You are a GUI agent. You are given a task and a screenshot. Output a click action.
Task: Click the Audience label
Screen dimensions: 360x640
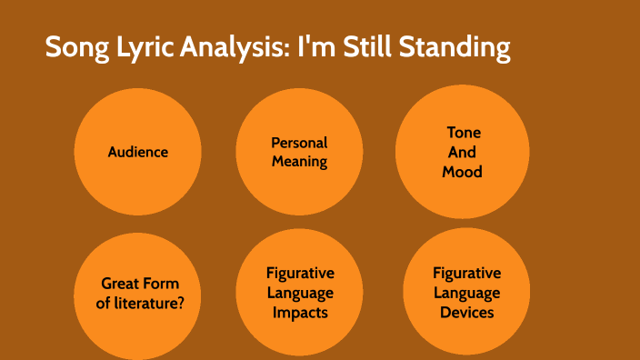[138, 152]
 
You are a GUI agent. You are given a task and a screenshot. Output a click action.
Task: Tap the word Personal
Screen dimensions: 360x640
[299, 143]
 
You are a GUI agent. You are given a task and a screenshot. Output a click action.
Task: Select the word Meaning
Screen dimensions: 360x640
[299, 162]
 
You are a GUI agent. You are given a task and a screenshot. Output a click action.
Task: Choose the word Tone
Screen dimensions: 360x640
[463, 133]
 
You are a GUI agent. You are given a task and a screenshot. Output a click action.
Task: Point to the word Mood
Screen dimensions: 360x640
[463, 171]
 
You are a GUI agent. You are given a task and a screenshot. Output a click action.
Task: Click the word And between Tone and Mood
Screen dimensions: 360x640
[463, 152]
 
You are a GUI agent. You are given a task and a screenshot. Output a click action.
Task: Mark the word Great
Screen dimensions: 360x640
[121, 284]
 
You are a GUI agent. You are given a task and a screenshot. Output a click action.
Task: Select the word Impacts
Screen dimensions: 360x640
[299, 312]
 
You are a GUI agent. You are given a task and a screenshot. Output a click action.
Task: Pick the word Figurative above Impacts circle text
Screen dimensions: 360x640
[299, 274]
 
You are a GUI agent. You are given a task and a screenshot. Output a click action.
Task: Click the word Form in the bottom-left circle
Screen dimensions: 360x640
[162, 284]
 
